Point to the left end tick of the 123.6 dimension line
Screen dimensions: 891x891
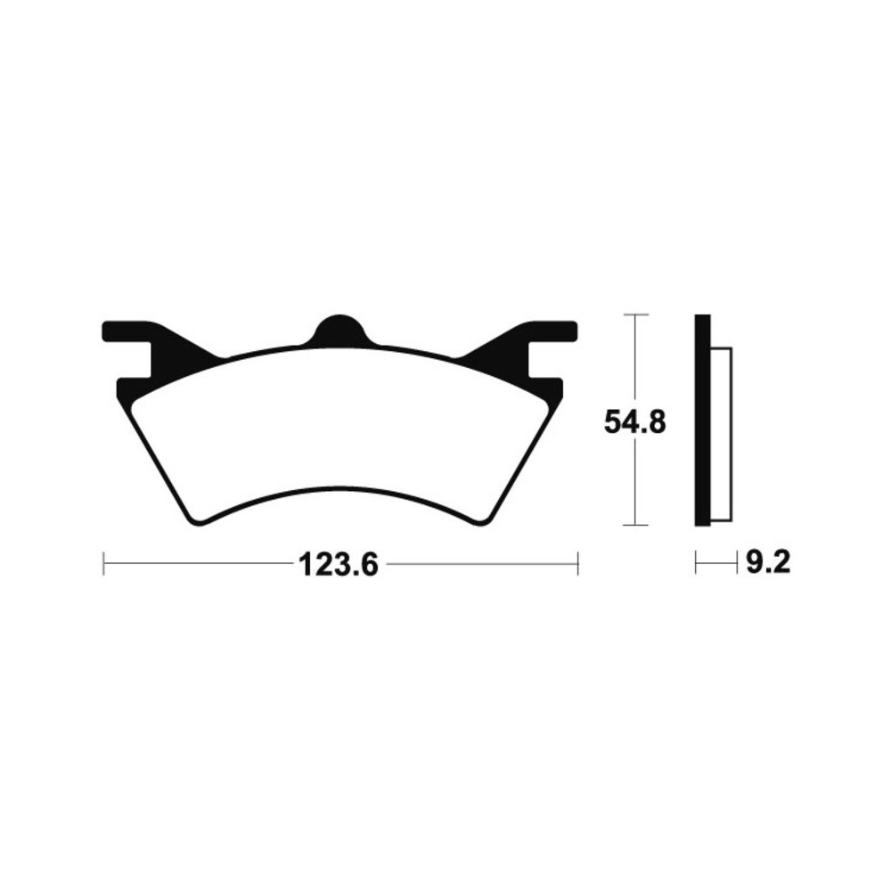[104, 563]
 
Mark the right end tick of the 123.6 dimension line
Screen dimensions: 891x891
[578, 563]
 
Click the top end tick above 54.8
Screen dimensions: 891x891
[634, 315]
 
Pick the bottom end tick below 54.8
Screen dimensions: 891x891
[634, 525]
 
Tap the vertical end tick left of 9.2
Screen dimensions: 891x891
[697, 562]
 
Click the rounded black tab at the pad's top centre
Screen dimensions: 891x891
[339, 330]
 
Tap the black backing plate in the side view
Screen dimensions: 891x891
[703, 419]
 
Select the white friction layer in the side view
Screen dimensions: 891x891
[722, 434]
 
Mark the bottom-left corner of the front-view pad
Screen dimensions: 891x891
[192, 519]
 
